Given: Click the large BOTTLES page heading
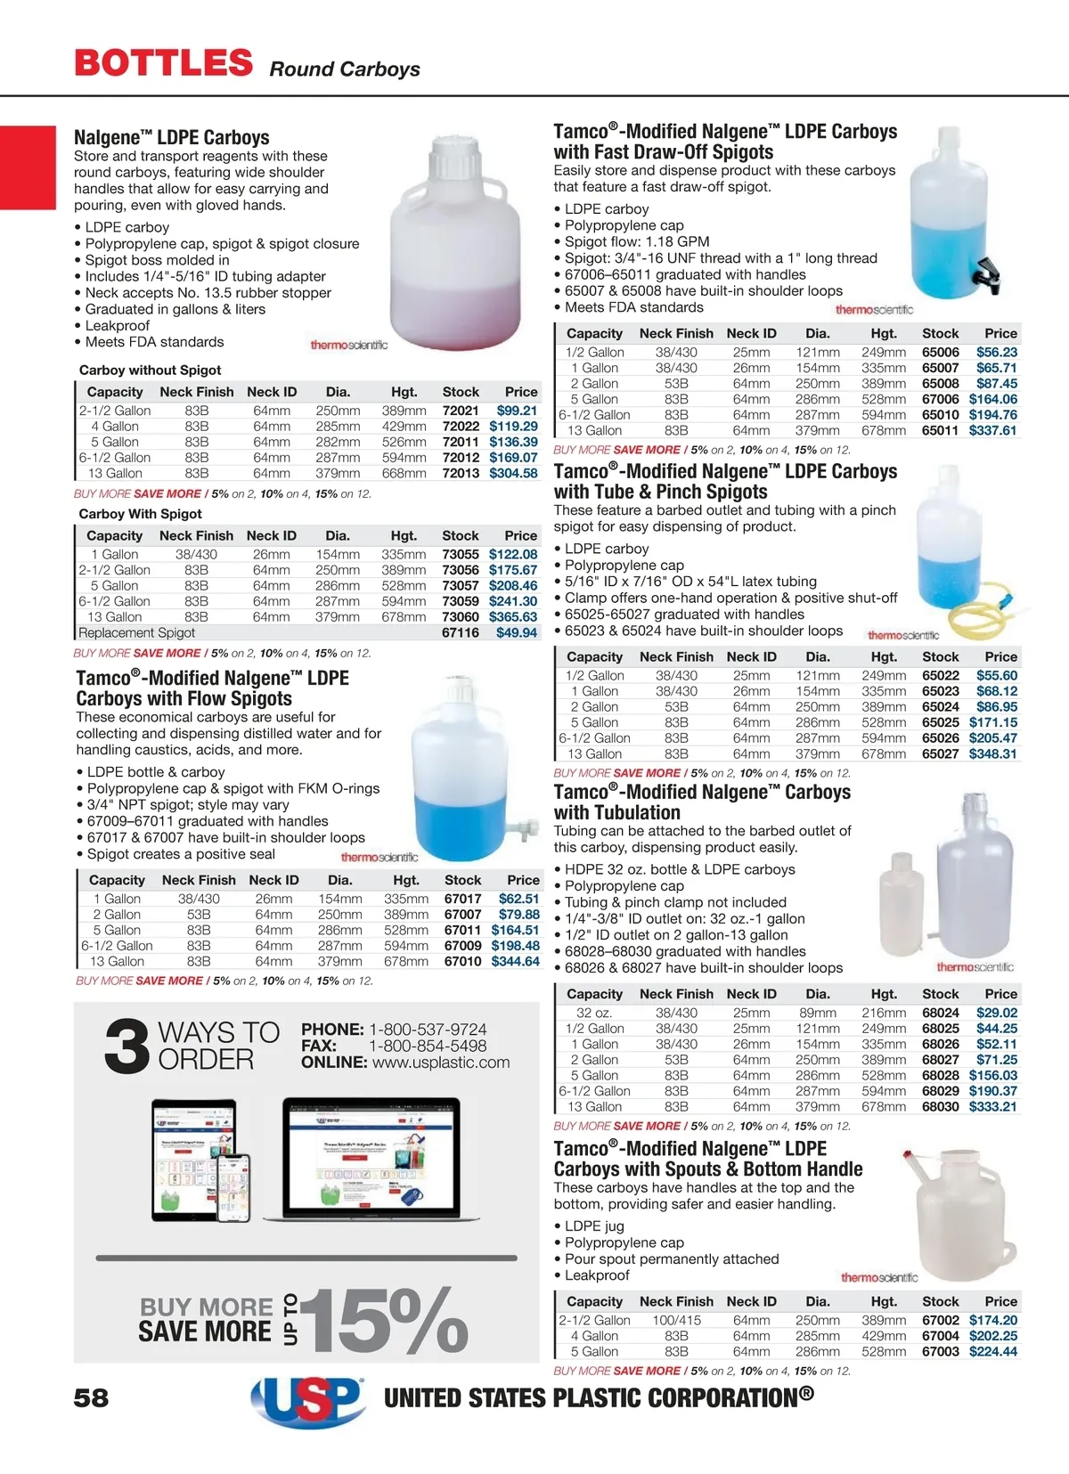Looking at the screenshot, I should pos(164,62).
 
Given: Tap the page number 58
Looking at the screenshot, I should pos(91,1397).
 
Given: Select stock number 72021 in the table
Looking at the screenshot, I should pos(461,411).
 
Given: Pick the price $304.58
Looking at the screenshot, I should pos(513,473).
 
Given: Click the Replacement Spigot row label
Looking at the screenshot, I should pos(136,632).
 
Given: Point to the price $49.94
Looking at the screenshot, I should pos(517,632).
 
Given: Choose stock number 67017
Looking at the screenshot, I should pos(462,899).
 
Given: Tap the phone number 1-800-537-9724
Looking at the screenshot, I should pos(428,1030).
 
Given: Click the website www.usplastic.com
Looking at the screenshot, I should pos(441,1063).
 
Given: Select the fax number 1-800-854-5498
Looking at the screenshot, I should pos(428,1046).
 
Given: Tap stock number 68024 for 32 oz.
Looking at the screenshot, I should pos(940,1013).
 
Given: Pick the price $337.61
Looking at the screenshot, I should pos(992,430).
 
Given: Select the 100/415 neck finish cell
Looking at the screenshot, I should pos(676,1320).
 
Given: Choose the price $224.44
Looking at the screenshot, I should pos(992,1351).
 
